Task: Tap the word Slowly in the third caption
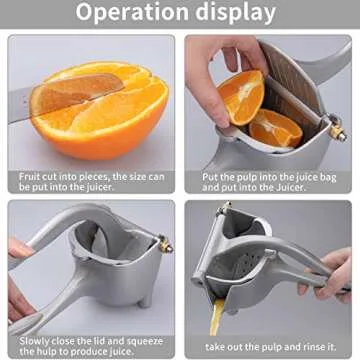click(33, 339)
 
